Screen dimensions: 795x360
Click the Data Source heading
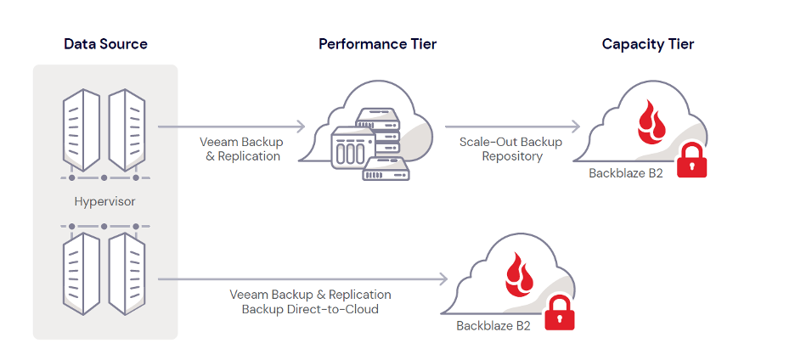pos(105,44)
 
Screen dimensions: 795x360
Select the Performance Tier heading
pos(377,44)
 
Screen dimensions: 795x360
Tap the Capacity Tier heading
pos(647,44)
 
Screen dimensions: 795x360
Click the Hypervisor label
pos(105,202)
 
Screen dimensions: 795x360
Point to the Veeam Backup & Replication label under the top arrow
pos(242,149)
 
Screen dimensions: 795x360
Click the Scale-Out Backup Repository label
pos(511,149)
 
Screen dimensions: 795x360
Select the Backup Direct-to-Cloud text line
pos(310,309)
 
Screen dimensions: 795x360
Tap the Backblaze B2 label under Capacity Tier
pos(626,173)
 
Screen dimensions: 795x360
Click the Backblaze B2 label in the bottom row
pos(493,325)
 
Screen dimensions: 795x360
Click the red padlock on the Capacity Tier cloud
pos(691,160)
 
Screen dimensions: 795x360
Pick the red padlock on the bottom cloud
pos(559,313)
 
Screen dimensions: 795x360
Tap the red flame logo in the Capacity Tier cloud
pos(651,123)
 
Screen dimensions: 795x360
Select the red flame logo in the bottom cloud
pos(519,275)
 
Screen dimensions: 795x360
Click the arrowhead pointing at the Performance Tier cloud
pos(302,127)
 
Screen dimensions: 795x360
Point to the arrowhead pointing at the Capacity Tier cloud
pos(576,127)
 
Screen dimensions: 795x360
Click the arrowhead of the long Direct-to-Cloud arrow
pos(443,278)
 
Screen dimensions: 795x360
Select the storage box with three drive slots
pos(352,148)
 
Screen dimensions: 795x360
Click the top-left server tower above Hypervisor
pos(82,130)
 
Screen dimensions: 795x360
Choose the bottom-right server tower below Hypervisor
pos(127,273)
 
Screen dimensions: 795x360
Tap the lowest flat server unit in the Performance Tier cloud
pos(386,168)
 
